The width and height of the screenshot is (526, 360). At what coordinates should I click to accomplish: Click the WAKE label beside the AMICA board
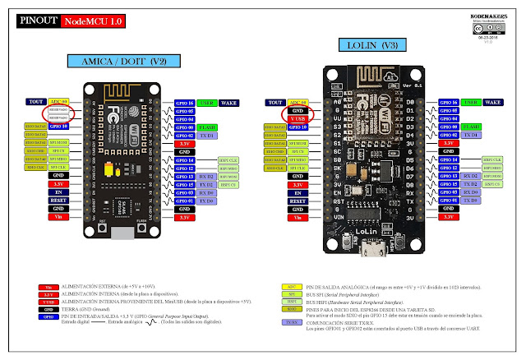point(231,104)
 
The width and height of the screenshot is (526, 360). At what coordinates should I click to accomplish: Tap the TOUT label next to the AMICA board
point(35,103)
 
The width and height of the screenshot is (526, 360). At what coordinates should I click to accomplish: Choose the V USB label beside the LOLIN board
point(298,119)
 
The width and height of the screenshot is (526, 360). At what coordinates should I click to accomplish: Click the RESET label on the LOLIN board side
point(298,200)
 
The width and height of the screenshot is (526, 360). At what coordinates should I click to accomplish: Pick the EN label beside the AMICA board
point(58,192)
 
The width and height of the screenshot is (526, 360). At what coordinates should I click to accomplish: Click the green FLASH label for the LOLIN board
point(469,127)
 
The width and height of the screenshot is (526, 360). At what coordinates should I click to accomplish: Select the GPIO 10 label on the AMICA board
point(58,127)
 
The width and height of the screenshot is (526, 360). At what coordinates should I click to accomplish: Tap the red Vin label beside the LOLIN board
point(298,216)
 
